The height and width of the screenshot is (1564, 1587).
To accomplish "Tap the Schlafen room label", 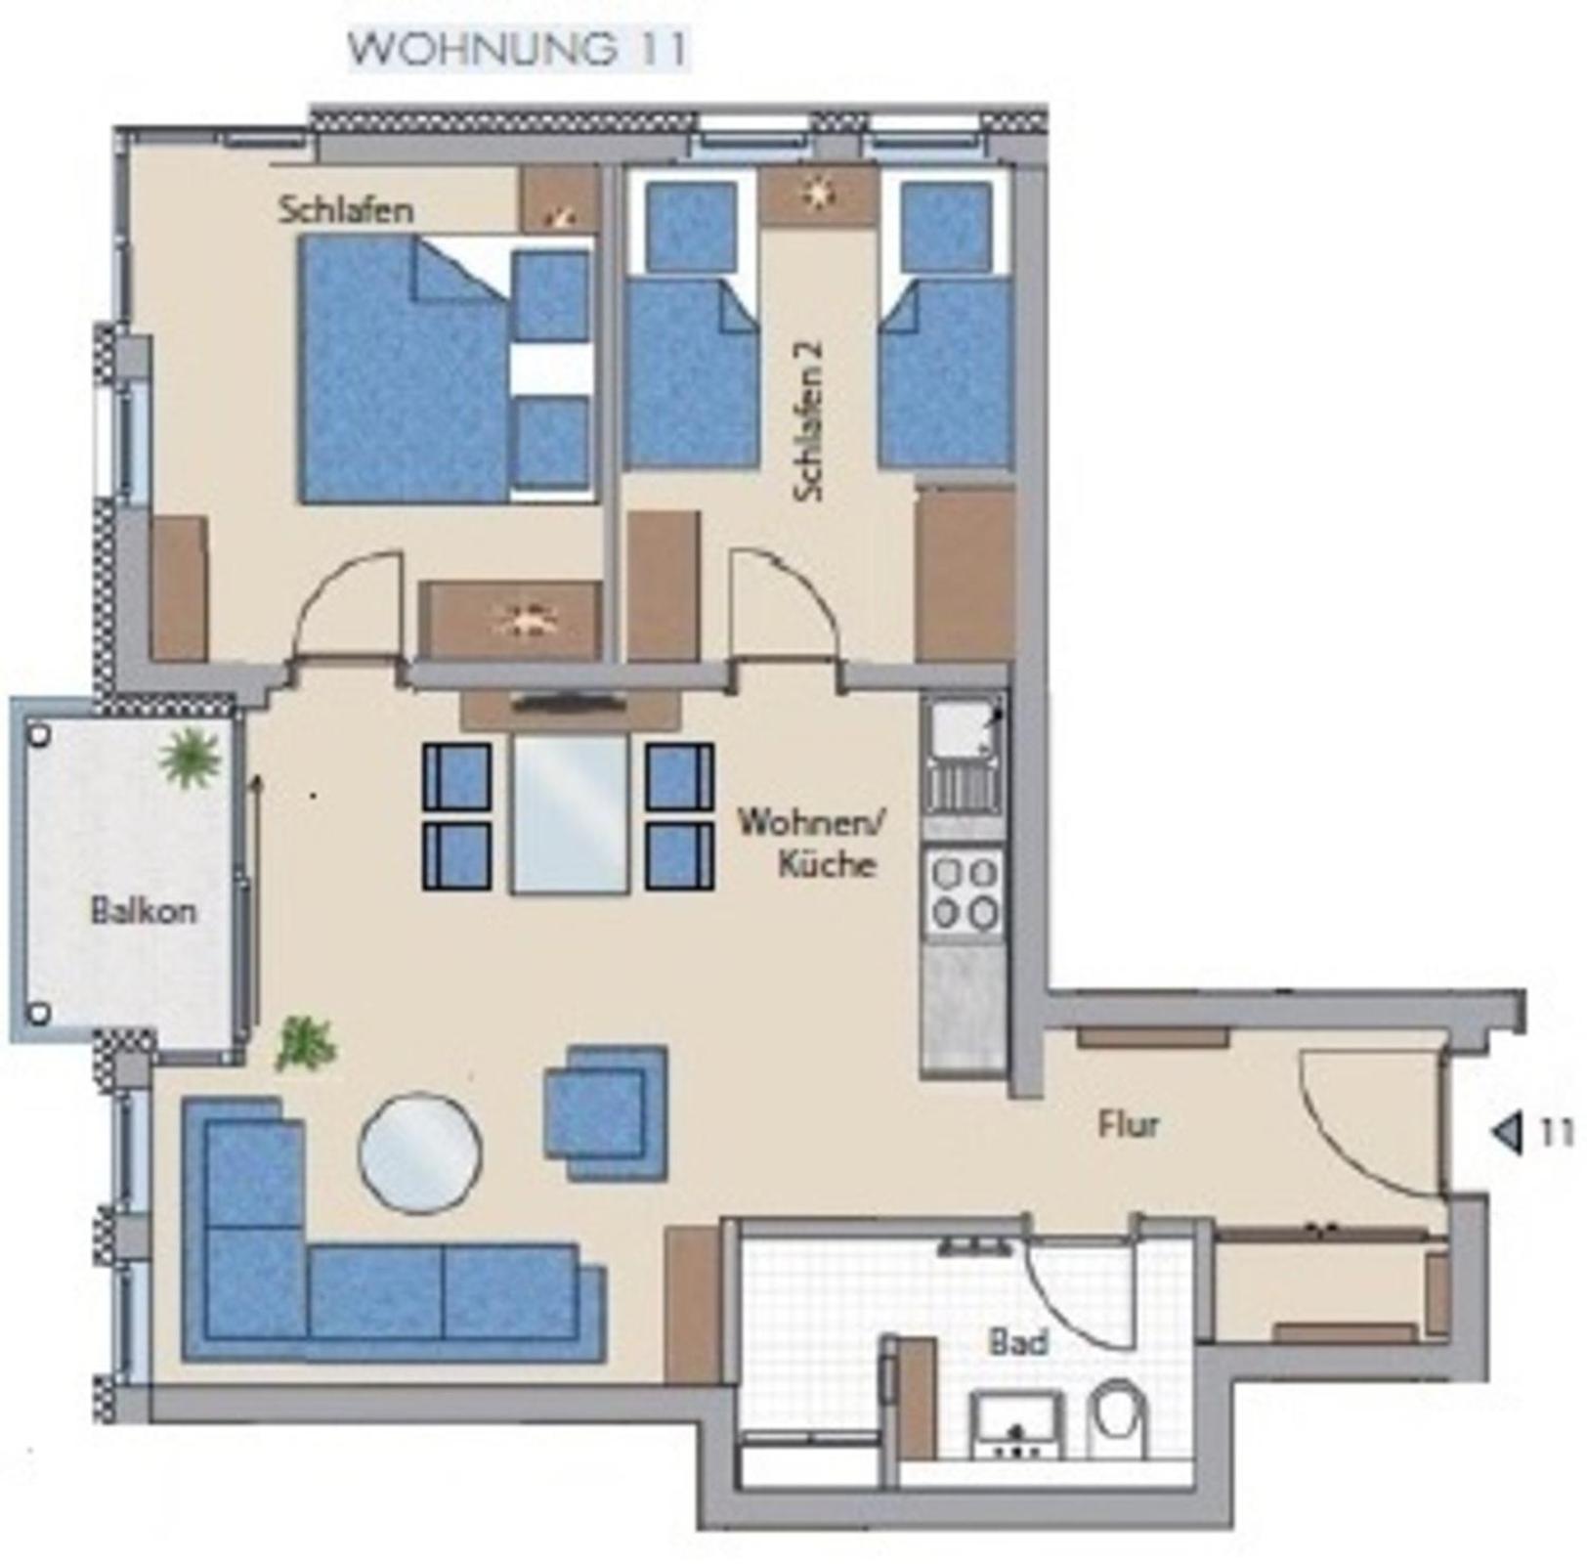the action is (x=346, y=210).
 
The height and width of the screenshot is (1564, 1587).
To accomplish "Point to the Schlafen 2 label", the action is (x=809, y=421).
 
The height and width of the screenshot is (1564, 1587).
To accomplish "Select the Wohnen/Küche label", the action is (x=810, y=842).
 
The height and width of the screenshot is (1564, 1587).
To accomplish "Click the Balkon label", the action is (x=144, y=911).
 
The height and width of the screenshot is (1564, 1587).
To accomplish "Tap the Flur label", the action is (x=1129, y=1125).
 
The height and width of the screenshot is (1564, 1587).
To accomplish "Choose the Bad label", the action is (x=1018, y=1342).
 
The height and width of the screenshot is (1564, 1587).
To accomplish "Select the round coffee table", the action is (x=420, y=1152).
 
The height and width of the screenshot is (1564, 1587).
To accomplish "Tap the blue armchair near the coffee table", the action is (x=606, y=1112).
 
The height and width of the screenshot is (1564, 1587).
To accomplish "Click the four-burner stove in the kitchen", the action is (x=965, y=892).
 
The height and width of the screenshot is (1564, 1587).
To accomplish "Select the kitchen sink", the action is (x=965, y=754).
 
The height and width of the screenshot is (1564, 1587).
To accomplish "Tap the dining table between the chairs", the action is (x=570, y=814).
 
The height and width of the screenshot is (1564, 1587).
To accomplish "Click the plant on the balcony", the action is (x=190, y=757).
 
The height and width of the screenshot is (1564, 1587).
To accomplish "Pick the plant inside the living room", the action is (x=306, y=1044).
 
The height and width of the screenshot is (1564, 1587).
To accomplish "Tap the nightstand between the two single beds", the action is (x=818, y=195).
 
